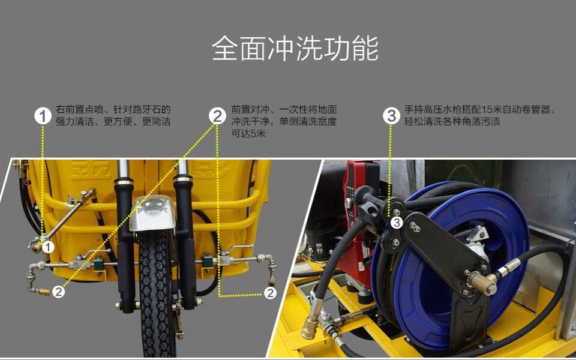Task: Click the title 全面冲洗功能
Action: pyautogui.click(x=295, y=48)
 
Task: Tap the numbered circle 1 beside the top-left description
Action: pyautogui.click(x=43, y=116)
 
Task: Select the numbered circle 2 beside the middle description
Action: pyautogui.click(x=217, y=116)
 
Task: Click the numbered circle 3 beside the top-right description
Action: pyautogui.click(x=391, y=116)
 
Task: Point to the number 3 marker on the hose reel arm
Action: pyautogui.click(x=397, y=223)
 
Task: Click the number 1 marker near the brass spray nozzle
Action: pyautogui.click(x=48, y=247)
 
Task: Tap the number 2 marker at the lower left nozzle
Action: pyautogui.click(x=58, y=292)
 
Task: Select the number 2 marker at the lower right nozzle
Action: pyautogui.click(x=271, y=293)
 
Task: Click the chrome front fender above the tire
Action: pyautogui.click(x=152, y=213)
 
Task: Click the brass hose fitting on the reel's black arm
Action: pyautogui.click(x=483, y=283)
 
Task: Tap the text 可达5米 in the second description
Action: pyautogui.click(x=248, y=133)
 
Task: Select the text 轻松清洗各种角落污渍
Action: pyautogui.click(x=452, y=122)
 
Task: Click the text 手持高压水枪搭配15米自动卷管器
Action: pyautogui.click(x=477, y=109)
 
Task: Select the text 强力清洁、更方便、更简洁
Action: pyautogui.click(x=113, y=122)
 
